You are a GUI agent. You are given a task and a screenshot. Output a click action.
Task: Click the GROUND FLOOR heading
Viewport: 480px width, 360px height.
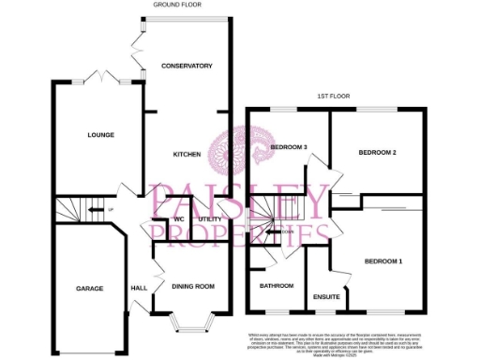(179, 5)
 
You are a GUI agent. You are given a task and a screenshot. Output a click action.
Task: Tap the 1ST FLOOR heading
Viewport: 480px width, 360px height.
(334, 97)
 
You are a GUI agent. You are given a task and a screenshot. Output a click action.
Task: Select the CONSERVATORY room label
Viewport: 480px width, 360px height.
(187, 66)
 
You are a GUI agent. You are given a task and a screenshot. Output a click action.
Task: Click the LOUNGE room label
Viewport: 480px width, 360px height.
(101, 135)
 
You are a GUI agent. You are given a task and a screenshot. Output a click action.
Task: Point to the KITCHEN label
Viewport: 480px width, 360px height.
(187, 154)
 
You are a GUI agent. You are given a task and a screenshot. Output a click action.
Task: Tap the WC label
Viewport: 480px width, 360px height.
(178, 219)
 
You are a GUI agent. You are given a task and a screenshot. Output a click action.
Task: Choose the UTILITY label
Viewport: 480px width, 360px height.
(210, 219)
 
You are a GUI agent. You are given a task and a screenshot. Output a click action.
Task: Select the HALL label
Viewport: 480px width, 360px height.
(139, 288)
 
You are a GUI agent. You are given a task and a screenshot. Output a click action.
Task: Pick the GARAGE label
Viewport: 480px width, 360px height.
(90, 288)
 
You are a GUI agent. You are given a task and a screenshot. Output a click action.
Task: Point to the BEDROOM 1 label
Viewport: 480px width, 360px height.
(383, 260)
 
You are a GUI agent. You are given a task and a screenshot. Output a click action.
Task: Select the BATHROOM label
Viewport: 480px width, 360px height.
(277, 286)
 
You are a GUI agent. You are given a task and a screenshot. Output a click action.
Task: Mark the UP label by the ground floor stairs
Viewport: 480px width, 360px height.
(110, 209)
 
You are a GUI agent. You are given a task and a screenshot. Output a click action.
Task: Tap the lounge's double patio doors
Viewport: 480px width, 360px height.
(97, 78)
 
